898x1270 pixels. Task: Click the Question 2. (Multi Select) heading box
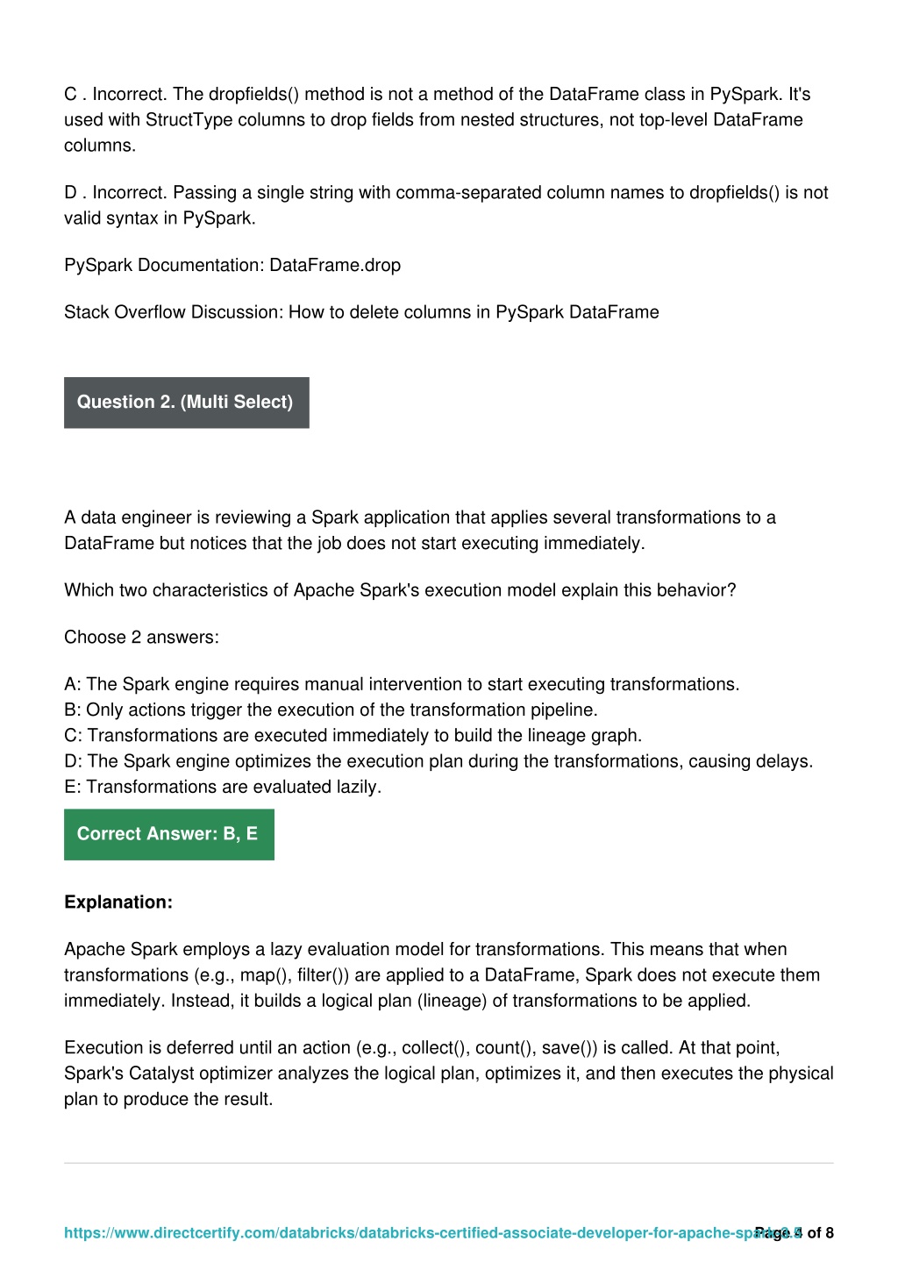[186, 403]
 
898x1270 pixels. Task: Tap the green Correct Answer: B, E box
[168, 834]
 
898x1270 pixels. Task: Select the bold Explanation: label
[118, 903]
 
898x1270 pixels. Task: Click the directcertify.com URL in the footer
[403, 1233]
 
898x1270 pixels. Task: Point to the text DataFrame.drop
[335, 266]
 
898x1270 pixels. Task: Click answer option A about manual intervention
[402, 684]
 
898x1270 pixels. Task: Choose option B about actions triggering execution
[331, 710]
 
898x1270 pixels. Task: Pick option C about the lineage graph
[353, 735]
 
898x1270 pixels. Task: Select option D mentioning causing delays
[438, 761]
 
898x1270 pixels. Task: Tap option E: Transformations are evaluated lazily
[223, 787]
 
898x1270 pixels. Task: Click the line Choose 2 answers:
[141, 638]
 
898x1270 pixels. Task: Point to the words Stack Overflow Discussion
[172, 312]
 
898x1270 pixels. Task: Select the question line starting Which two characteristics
[400, 590]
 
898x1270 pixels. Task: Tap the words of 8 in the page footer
[821, 1233]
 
